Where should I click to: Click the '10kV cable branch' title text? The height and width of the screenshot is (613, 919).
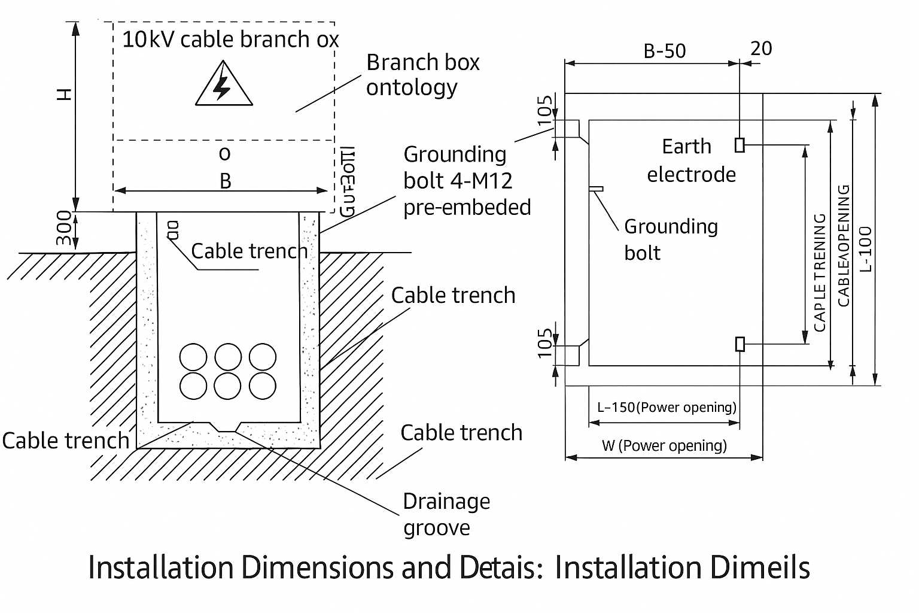pyautogui.click(x=230, y=40)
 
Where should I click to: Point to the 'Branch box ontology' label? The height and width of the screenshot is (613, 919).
pyautogui.click(x=422, y=75)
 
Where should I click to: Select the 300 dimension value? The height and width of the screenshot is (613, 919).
pyautogui.click(x=64, y=228)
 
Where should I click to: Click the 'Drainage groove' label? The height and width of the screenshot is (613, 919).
pyautogui.click(x=446, y=514)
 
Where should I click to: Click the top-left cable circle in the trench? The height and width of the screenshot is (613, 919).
pyautogui.click(x=193, y=357)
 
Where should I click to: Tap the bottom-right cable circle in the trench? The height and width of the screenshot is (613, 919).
pyautogui.click(x=263, y=386)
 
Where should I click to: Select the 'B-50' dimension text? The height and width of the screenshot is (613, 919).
pyautogui.click(x=664, y=51)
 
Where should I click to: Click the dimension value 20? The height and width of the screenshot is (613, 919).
pyautogui.click(x=761, y=48)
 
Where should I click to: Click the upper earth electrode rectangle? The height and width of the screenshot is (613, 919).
pyautogui.click(x=740, y=145)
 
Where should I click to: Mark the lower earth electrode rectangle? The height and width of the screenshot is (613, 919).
pyautogui.click(x=740, y=344)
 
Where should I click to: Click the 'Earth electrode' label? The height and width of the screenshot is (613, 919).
pyautogui.click(x=690, y=160)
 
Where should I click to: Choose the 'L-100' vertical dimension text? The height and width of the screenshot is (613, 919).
pyautogui.click(x=865, y=248)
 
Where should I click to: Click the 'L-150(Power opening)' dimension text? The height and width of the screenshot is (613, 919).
pyautogui.click(x=667, y=408)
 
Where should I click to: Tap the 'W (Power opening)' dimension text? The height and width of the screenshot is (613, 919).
pyautogui.click(x=664, y=445)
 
